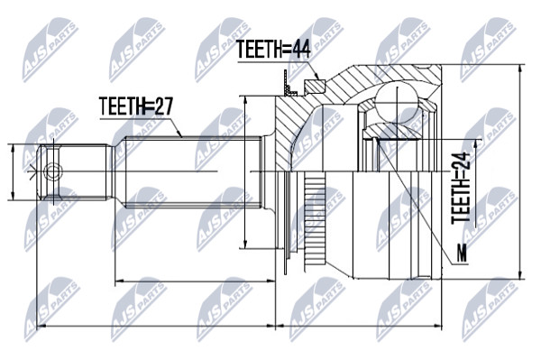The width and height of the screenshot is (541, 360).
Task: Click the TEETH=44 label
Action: click(274, 50)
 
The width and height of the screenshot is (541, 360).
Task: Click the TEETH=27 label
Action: click(135, 106)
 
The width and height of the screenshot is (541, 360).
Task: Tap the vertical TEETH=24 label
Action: click(461, 188)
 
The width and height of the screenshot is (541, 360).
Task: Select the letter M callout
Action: click(462, 253)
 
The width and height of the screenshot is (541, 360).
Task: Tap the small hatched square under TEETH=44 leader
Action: click(315, 87)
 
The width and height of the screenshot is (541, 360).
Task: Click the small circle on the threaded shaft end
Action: click(53, 171)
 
